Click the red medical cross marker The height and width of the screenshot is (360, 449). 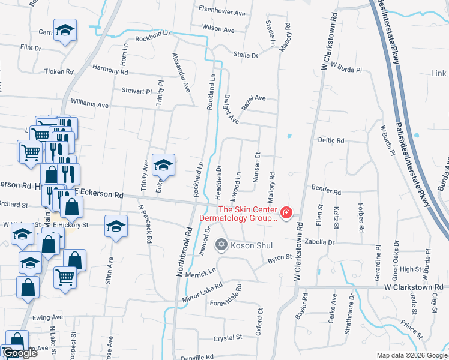(x=286, y=212)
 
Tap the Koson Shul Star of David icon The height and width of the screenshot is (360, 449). (x=221, y=245)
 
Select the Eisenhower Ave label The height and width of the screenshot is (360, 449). (x=222, y=12)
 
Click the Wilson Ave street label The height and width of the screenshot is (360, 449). (x=218, y=28)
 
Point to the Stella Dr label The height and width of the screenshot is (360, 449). (x=245, y=55)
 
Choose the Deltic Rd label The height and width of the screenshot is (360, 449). (x=331, y=140)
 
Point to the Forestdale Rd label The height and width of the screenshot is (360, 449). (x=226, y=302)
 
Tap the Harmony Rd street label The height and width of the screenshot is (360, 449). (x=110, y=70)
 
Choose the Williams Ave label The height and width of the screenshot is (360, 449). (x=89, y=104)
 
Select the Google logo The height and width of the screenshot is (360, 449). (x=19, y=353)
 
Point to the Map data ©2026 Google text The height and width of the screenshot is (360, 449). (x=411, y=355)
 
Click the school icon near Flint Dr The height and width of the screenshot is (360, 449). (x=65, y=29)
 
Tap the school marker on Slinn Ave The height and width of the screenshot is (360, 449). (x=115, y=226)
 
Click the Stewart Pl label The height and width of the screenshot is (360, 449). (x=136, y=91)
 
